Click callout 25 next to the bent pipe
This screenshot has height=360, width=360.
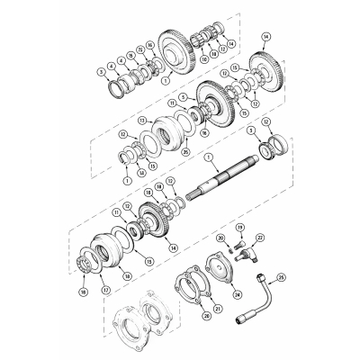coord(280,277)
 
